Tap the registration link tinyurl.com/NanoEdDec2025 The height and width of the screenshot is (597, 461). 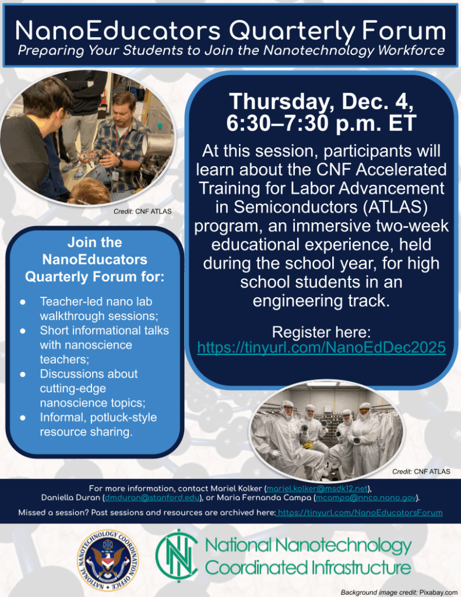click(x=321, y=348)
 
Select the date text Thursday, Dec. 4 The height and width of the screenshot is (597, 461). click(x=321, y=101)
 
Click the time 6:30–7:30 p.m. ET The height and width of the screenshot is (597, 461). click(x=321, y=123)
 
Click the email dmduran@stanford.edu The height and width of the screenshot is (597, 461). click(x=152, y=498)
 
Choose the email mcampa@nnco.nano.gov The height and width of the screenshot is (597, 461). click(x=367, y=498)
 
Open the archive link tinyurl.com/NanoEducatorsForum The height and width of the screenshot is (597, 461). click(x=361, y=512)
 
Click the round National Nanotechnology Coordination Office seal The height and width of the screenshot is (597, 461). click(x=108, y=556)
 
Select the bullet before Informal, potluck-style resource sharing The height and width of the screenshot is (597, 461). click(x=22, y=417)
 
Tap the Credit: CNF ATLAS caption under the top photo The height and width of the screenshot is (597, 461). click(x=143, y=212)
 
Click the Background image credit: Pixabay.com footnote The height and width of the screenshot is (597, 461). click(x=399, y=592)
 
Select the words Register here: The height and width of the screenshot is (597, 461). click(x=321, y=333)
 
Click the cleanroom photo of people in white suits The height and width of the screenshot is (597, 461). click(x=326, y=431)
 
